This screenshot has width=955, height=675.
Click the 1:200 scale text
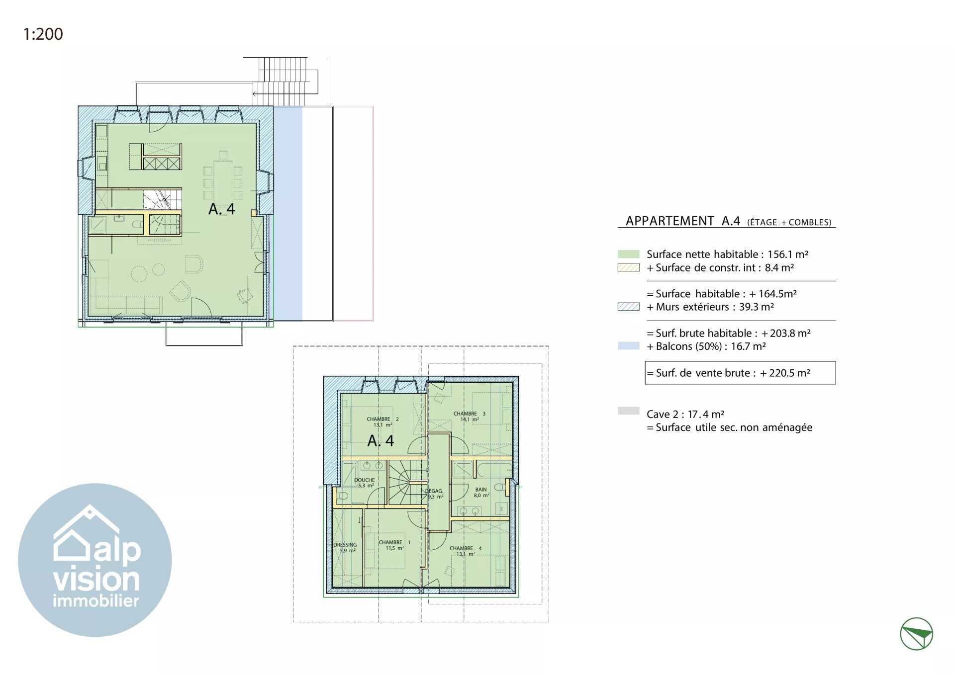pos(43,34)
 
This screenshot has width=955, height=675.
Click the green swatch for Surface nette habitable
pos(628,254)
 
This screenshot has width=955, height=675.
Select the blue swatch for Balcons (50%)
pos(628,346)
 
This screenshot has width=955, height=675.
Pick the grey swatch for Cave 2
pos(628,411)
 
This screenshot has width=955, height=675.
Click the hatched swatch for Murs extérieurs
pos(628,307)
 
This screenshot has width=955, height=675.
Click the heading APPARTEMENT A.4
pos(683,221)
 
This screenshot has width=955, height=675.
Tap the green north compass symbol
pos(916,634)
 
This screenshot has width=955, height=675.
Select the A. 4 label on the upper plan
pos(221,209)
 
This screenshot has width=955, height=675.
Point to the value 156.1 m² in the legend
pos(788,254)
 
